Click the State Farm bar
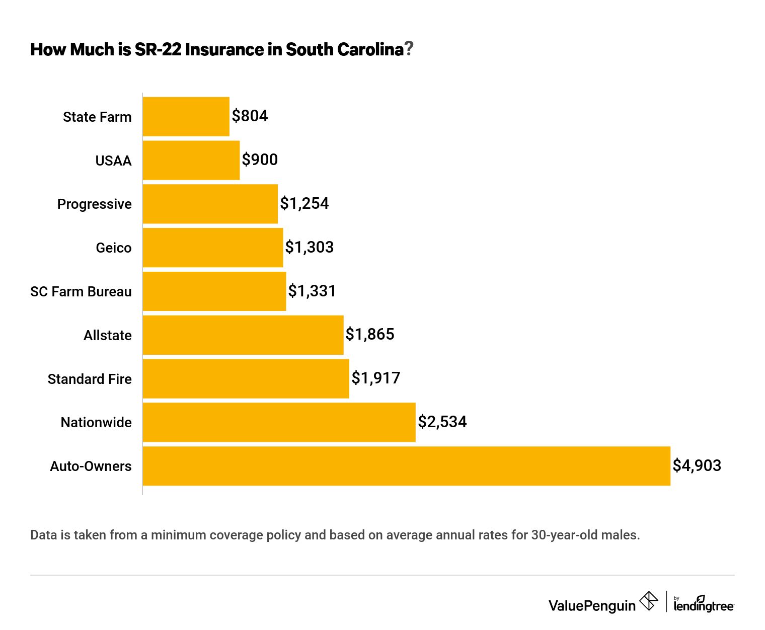click(x=186, y=116)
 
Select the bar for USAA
click(x=191, y=160)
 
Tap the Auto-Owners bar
click(x=406, y=466)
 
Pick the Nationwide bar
click(x=279, y=422)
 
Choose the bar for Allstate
click(x=243, y=335)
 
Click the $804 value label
click(x=250, y=116)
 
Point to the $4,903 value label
click(x=697, y=465)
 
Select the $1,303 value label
click(x=309, y=247)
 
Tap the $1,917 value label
click(x=375, y=378)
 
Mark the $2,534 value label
click(x=442, y=422)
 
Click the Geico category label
click(x=114, y=248)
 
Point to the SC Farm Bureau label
click(x=81, y=291)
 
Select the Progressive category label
click(x=94, y=204)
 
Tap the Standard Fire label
click(x=90, y=379)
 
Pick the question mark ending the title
click(x=409, y=49)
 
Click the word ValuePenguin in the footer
click(x=592, y=605)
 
